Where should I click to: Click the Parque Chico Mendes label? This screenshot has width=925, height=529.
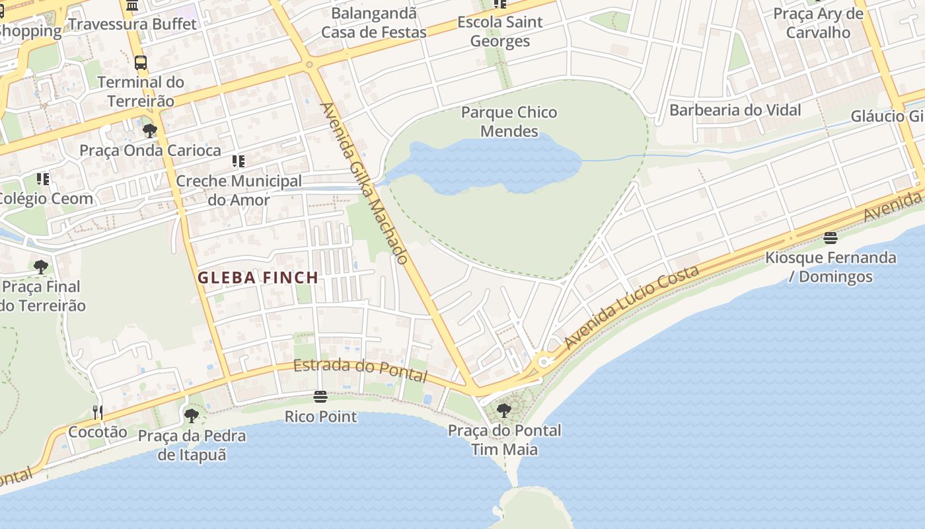[x=509, y=122]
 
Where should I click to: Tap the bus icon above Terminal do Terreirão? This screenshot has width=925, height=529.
[x=141, y=63]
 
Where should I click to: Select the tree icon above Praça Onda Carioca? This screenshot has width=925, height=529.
[x=150, y=130]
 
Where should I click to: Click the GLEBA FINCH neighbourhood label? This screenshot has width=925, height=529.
[x=258, y=278]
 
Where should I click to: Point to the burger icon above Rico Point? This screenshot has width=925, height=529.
[x=320, y=397]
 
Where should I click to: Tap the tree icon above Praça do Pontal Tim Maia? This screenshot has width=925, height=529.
[x=503, y=410]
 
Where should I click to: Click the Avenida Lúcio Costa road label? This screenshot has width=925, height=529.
[x=631, y=307]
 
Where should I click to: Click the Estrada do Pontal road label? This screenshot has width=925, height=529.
[x=360, y=370]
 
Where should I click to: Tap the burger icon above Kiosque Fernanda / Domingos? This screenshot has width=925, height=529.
[x=831, y=237]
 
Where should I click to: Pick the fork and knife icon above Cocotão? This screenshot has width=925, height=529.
[x=98, y=412]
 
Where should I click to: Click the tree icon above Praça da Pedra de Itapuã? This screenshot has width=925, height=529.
[x=192, y=416]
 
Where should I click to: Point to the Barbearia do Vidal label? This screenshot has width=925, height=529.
[x=735, y=110]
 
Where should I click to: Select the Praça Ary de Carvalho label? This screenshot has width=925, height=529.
[x=818, y=22]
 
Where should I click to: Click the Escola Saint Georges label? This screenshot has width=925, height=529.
[x=500, y=31]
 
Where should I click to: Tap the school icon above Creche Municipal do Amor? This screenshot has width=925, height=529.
[x=239, y=161]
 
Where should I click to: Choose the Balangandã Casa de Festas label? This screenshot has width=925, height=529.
[x=374, y=22]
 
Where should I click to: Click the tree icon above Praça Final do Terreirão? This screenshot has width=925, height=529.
[x=41, y=267]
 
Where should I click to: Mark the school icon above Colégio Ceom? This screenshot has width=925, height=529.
[x=43, y=179]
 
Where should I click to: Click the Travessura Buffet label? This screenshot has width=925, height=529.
[x=132, y=24]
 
